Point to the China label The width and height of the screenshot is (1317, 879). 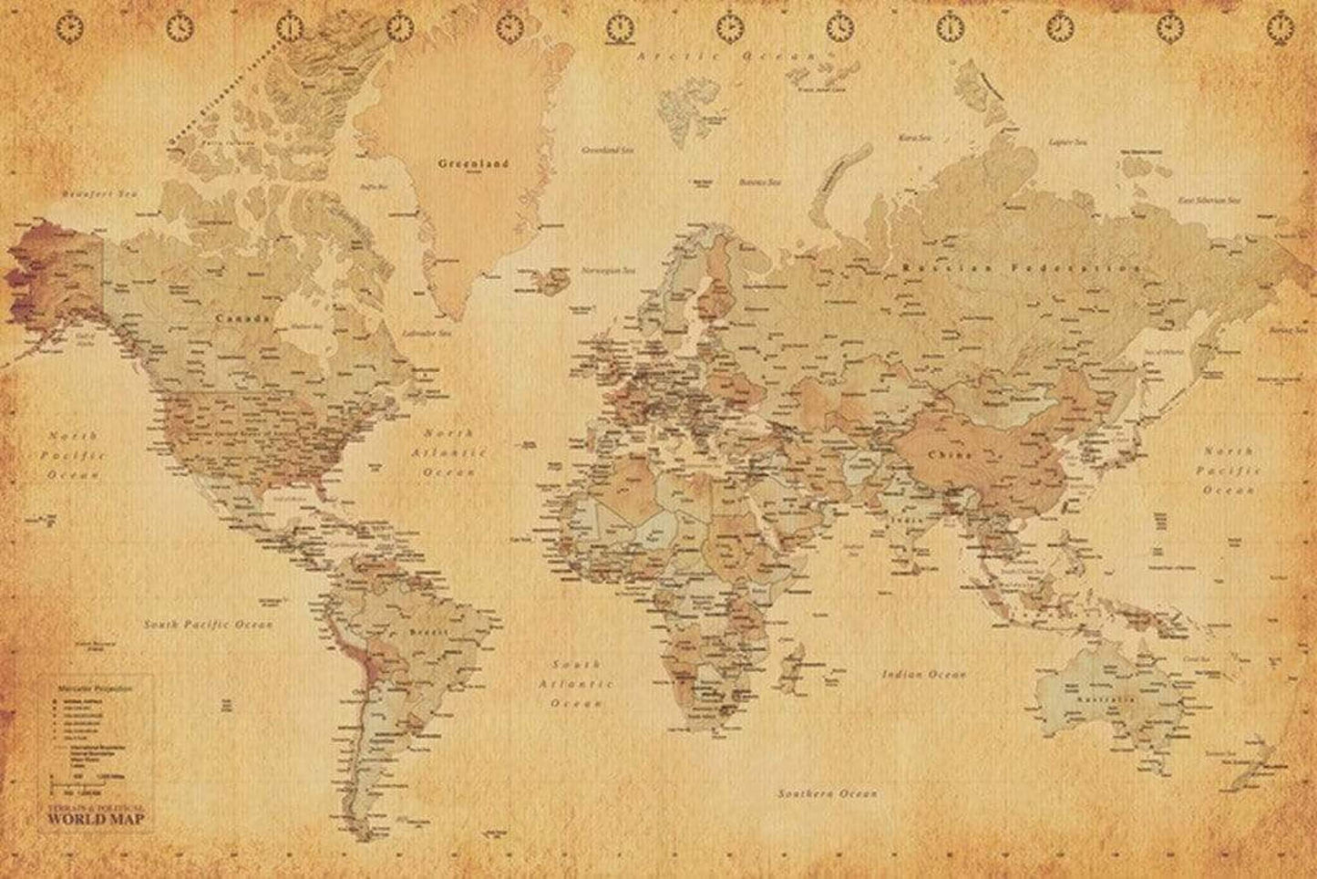(951, 453)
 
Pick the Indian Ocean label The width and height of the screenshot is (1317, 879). (923, 675)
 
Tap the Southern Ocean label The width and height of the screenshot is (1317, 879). (828, 794)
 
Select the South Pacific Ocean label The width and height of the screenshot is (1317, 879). (209, 625)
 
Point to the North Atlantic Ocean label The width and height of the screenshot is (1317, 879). (448, 452)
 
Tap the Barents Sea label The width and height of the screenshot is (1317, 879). (760, 182)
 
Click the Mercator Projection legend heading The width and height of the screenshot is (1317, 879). (96, 685)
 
